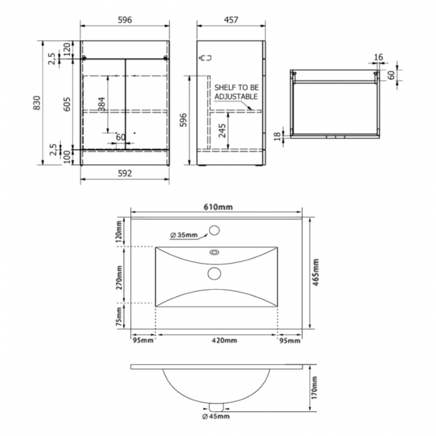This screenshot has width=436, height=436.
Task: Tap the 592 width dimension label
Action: pyautogui.click(x=124, y=173)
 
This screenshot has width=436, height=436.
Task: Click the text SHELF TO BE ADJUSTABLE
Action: pyautogui.click(x=236, y=92)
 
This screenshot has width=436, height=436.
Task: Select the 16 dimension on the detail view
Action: pyautogui.click(x=378, y=58)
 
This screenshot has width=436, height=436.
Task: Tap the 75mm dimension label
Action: pyautogui.click(x=119, y=316)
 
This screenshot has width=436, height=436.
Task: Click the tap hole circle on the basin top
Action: pyautogui.click(x=215, y=231)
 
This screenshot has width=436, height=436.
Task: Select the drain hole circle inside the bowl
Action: pyautogui.click(x=215, y=272)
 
